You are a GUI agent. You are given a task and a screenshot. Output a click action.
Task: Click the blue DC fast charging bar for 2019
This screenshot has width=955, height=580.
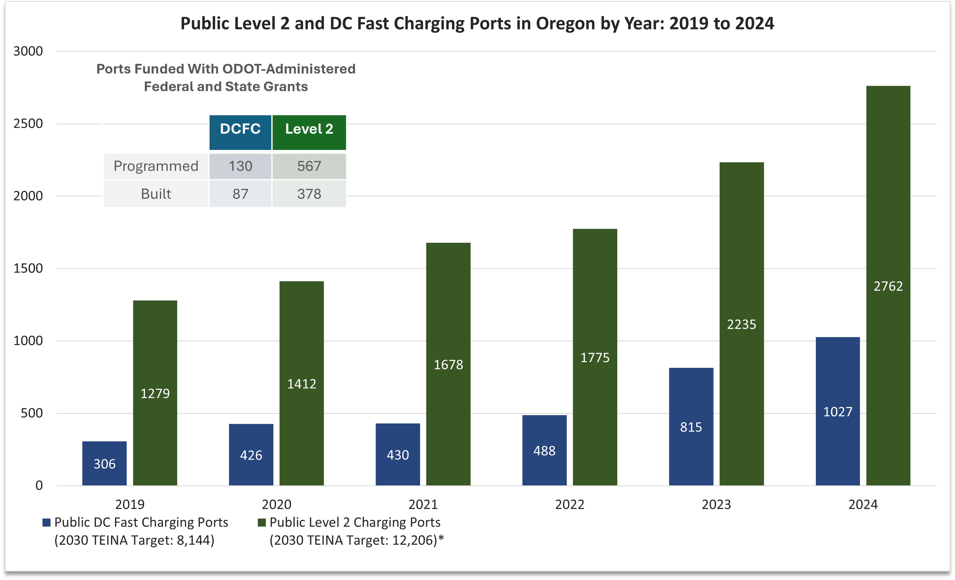coord(104,463)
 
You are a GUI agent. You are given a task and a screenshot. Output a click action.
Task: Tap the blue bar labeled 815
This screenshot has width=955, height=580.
coord(691,427)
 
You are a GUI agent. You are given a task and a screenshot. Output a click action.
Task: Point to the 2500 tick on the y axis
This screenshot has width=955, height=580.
coord(28,124)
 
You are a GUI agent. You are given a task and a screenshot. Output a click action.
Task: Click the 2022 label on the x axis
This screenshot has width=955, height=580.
coord(569,504)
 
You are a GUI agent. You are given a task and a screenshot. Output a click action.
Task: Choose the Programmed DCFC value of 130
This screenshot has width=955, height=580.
coord(240,166)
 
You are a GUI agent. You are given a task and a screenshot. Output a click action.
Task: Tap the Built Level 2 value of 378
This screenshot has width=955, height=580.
coord(309,194)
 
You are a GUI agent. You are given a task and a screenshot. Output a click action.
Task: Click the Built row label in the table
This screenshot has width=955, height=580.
coord(156,194)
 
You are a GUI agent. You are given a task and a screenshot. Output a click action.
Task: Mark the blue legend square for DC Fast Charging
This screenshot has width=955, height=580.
coord(46,523)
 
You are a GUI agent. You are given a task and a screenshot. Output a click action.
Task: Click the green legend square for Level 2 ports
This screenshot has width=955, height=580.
coord(262,523)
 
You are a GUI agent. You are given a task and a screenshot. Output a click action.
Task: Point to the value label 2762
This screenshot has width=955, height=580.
coord(888,286)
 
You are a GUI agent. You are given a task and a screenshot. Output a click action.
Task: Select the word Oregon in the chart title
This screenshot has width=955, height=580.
coord(565,24)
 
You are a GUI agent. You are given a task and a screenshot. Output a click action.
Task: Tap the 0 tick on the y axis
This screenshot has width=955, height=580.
coord(39,485)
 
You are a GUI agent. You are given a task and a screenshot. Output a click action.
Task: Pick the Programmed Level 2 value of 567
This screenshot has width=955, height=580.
coord(309,166)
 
